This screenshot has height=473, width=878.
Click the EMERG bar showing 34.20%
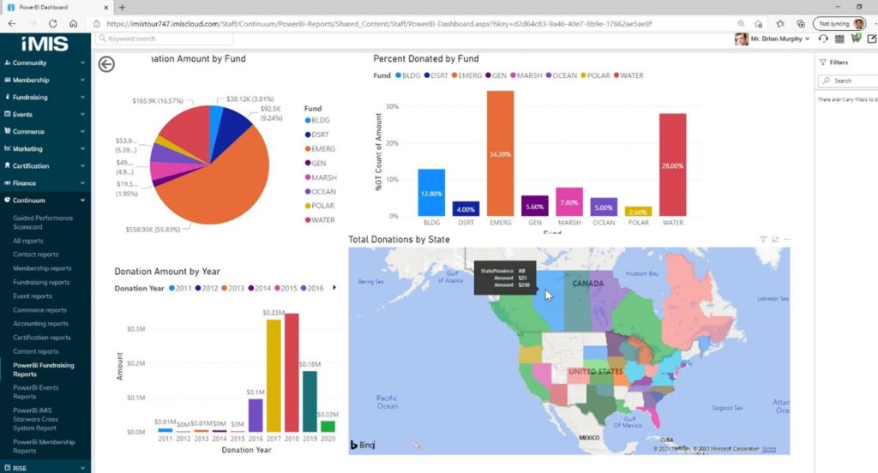pos(500,153)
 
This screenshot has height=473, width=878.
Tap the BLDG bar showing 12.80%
pos(431,193)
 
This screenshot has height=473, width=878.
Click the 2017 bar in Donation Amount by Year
pos(274,376)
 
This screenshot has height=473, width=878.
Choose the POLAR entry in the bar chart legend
pos(598,75)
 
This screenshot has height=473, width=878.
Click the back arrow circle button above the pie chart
pos(106,64)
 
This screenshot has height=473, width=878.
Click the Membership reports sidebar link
pos(42,268)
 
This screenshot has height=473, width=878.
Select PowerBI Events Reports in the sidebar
pos(37,392)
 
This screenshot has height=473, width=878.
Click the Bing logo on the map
pos(362,445)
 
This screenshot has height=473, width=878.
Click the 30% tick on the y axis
pos(394,107)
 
